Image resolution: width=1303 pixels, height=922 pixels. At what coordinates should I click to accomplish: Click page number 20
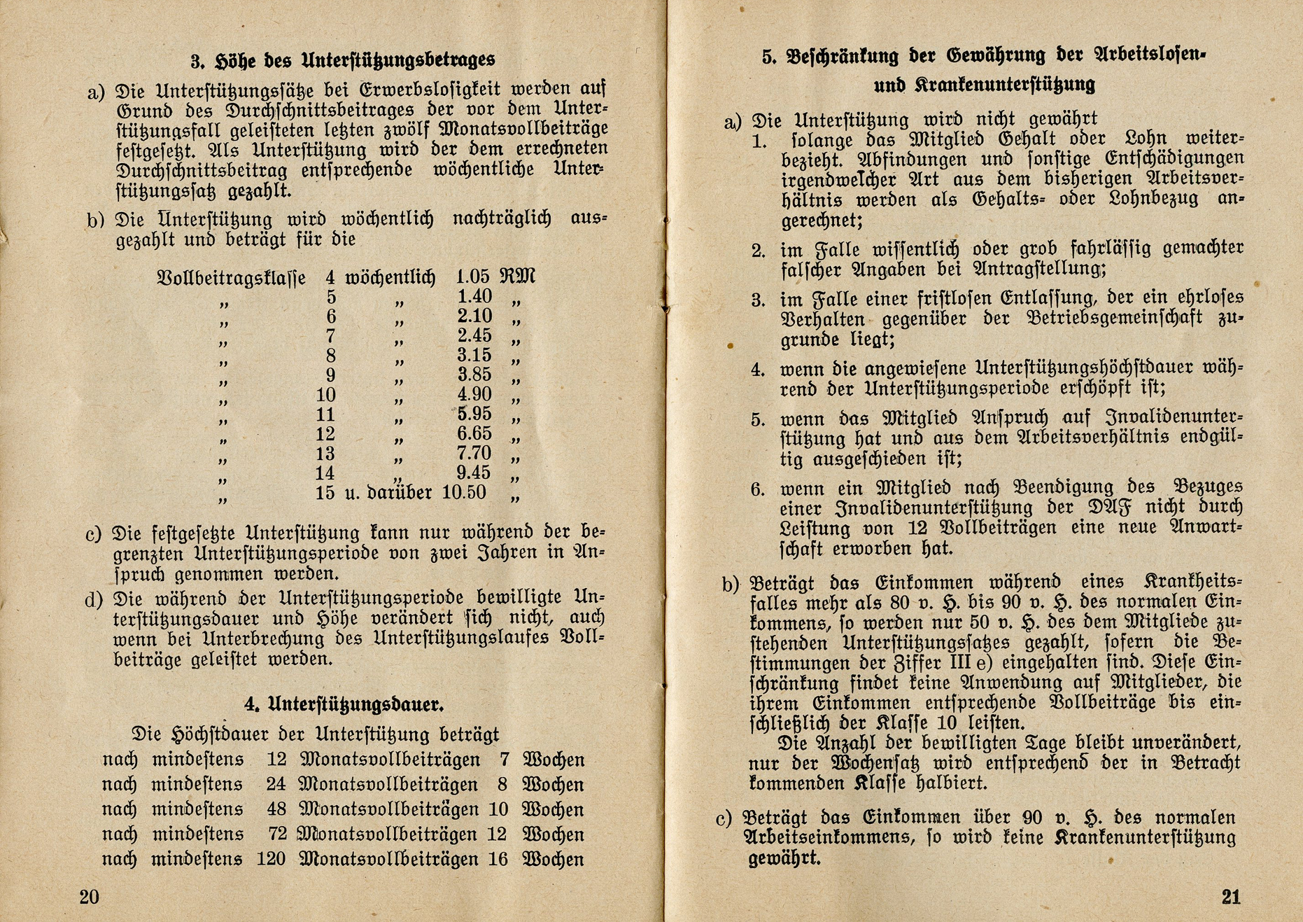point(90,897)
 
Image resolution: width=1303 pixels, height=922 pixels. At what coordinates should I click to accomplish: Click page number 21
point(1230,897)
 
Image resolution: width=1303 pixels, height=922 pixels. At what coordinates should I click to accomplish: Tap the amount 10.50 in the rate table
point(463,492)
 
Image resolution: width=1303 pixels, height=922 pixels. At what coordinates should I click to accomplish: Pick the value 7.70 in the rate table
point(474,453)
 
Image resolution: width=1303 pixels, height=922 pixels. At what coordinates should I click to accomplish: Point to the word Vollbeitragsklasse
point(232,279)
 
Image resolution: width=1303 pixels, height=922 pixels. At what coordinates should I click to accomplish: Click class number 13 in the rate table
point(325,454)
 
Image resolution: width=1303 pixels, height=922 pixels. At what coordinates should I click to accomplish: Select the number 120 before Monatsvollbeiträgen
point(271,859)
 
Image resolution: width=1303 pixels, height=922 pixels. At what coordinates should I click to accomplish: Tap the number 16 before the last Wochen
point(498,859)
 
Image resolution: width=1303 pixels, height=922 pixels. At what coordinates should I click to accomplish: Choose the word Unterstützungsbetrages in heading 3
point(398,60)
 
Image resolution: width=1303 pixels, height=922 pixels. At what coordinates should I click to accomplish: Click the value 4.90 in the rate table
point(474,394)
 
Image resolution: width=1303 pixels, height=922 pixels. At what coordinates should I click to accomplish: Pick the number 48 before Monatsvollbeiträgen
point(276,809)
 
